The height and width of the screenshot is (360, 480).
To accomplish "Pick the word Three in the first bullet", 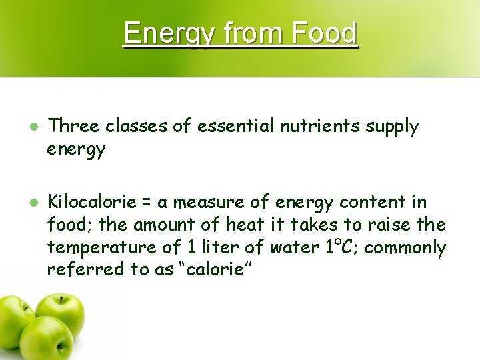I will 74,126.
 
